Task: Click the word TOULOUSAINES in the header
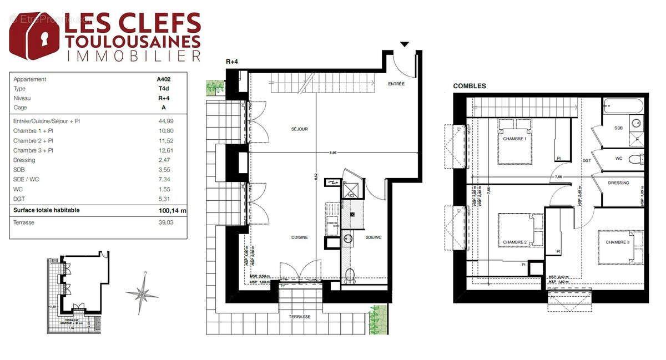pos(133,40)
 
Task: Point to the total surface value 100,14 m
pos(172,211)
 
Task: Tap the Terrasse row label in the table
pos(24,222)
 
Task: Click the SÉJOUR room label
pos(299,129)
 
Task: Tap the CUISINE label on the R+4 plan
pos(300,237)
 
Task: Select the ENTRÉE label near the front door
pos(396,84)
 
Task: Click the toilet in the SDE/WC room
pos(350,275)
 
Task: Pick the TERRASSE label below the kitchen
pos(299,317)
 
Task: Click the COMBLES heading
pos(470,86)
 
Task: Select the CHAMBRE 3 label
pos(617,242)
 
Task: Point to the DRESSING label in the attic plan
pos(618,182)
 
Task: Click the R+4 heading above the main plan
pos(233,61)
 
